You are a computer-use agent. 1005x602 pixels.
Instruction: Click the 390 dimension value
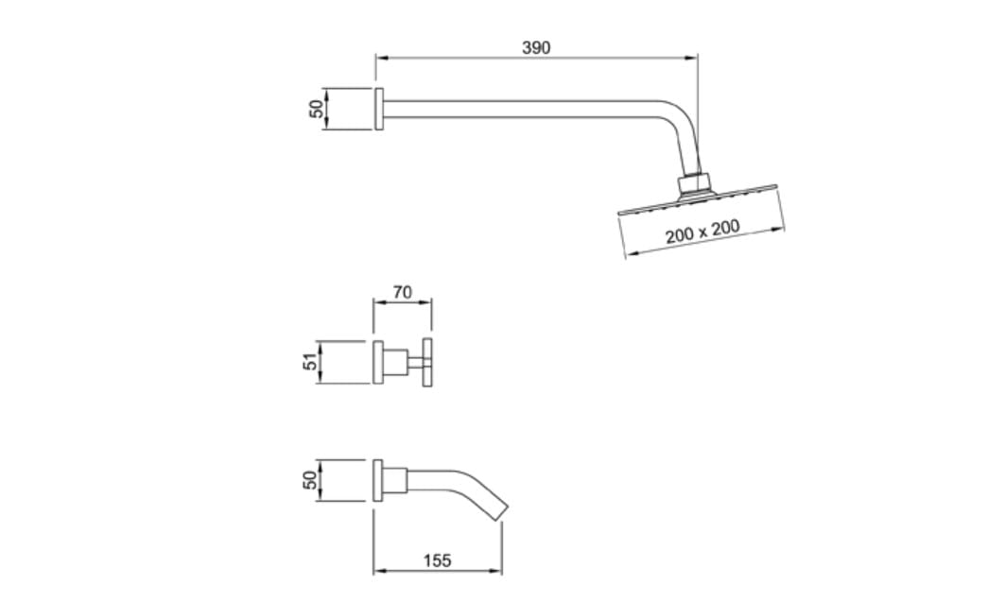pos(536,47)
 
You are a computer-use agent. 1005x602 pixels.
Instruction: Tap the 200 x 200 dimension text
pos(702,232)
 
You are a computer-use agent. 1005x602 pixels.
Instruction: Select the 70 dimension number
pos(402,292)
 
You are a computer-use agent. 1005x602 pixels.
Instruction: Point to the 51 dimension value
pos(310,362)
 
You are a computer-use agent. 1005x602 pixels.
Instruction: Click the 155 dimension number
pos(437,560)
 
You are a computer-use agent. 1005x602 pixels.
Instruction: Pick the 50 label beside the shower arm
pos(317,109)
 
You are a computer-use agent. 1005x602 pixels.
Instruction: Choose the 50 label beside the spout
pos(310,480)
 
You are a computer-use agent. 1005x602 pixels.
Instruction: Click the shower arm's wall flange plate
pos(379,109)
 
